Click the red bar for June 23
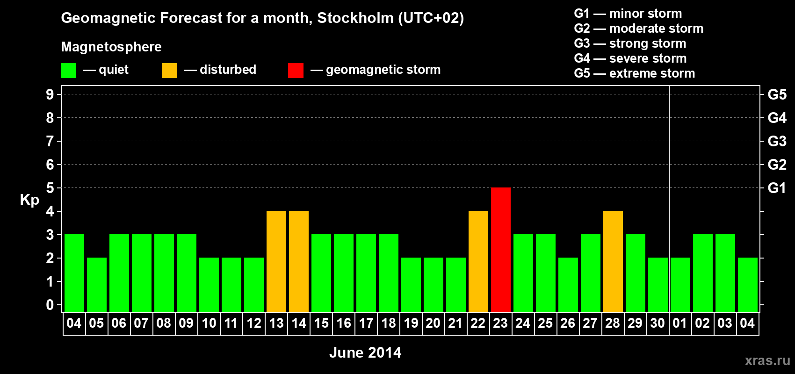pos(501,250)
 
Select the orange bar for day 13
pos(276,261)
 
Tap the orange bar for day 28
pos(613,261)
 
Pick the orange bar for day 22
pos(478,261)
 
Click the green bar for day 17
pos(366,273)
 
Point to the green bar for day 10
pos(209,285)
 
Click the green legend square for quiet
pos(69,71)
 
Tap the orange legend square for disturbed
pos(169,71)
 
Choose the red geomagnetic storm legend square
pos(296,71)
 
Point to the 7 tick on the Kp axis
pos(50,141)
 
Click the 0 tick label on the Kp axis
pos(50,305)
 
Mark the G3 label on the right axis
pos(777,141)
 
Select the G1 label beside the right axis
pos(777,188)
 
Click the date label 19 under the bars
pos(411,324)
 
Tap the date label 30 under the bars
pos(658,324)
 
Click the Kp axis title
pos(29,200)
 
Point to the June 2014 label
pos(365,352)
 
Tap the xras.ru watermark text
pos(767,360)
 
